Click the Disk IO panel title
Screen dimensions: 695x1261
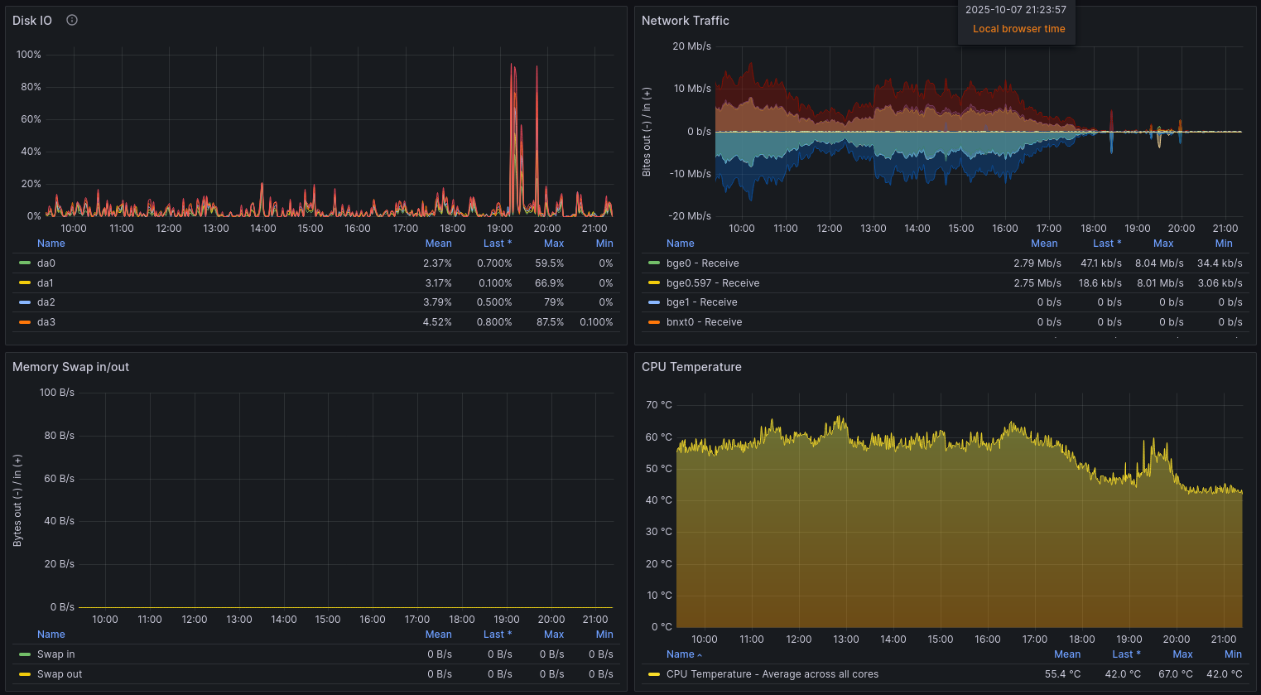click(32, 21)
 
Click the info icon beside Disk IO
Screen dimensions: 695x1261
click(72, 20)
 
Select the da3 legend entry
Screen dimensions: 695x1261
click(46, 322)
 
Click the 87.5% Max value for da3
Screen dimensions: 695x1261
click(550, 322)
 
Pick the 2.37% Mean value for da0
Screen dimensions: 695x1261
click(437, 263)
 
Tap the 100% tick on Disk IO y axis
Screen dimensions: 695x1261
click(29, 55)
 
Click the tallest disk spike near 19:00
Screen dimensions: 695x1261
click(512, 66)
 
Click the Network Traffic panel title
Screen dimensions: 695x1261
click(685, 21)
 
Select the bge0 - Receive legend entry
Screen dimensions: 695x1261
click(702, 263)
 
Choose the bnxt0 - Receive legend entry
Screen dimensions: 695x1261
click(704, 322)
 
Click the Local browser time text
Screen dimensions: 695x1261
click(1018, 29)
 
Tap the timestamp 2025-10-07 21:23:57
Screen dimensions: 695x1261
click(1015, 10)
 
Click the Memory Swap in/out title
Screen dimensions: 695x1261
click(70, 367)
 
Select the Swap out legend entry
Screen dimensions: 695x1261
click(60, 674)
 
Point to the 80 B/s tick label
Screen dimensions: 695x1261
click(59, 436)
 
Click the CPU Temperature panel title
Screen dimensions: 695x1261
click(691, 367)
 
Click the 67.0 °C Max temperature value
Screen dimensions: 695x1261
click(1175, 674)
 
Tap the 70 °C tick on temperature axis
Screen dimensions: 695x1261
click(658, 405)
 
